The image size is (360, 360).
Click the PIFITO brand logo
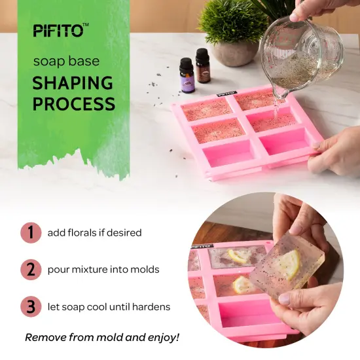(x=58, y=30)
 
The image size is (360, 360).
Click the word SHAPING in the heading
(x=73, y=83)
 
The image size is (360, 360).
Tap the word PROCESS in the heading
(x=74, y=103)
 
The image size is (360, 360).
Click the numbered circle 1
(x=30, y=232)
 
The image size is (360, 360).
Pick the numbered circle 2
(x=30, y=269)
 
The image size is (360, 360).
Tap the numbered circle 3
(x=30, y=306)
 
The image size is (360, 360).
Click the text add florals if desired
(x=94, y=232)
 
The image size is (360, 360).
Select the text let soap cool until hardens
(x=109, y=306)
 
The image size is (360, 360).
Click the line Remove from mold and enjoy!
(x=102, y=338)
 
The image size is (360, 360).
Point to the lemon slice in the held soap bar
(x=289, y=264)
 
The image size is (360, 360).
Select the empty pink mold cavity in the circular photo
(x=247, y=315)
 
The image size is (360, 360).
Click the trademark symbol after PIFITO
(x=86, y=25)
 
